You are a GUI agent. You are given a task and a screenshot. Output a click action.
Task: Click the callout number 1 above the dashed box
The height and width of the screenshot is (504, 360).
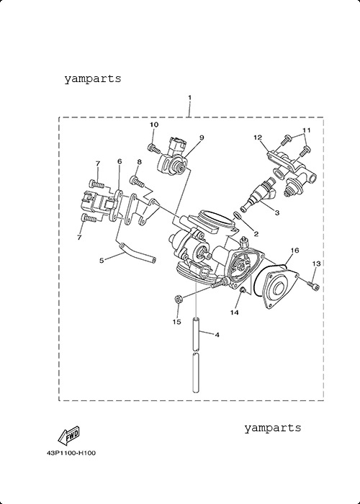189,97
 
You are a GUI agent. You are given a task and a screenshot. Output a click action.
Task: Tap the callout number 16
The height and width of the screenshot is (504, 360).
294,250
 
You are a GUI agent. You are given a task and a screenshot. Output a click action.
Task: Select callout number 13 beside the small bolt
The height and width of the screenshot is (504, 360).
317,264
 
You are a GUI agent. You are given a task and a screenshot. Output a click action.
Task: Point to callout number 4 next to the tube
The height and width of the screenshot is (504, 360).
217,335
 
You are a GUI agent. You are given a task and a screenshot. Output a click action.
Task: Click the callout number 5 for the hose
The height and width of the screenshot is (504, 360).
102,261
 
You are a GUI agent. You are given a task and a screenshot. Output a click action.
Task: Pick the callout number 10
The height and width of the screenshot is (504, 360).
154,125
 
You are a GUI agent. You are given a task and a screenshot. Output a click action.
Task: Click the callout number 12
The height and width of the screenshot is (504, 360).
258,138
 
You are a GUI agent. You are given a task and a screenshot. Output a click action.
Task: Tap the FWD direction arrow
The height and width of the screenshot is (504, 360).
68,436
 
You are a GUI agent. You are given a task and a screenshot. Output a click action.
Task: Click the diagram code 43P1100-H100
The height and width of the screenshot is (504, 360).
71,453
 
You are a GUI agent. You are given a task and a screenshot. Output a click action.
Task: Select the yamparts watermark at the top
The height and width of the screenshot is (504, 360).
93,78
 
